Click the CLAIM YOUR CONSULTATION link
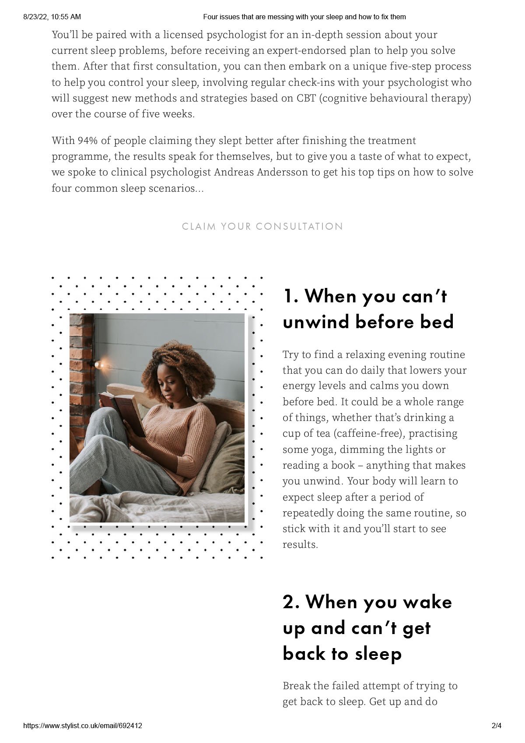coord(262,227)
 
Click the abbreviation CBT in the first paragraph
coord(306,98)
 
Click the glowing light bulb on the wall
coord(98,364)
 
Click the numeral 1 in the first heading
coord(289,296)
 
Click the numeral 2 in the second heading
coord(290,603)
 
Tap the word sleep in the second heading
coord(378,654)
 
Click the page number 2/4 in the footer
coord(497,725)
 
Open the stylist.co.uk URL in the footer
coord(83,725)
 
